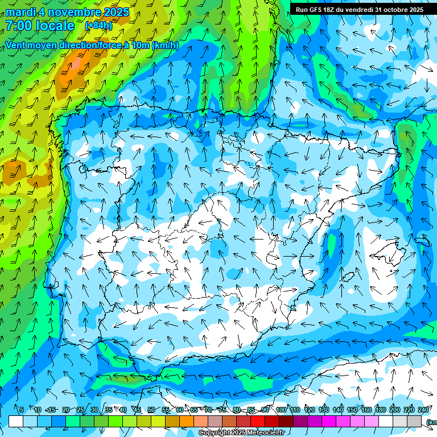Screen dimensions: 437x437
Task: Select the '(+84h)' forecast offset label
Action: point(98,26)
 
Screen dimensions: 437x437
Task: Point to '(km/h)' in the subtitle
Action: point(166,45)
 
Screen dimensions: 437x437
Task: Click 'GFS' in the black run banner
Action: point(319,10)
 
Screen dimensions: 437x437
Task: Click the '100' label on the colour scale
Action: point(281,410)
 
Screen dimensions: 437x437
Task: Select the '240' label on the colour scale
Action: point(423,410)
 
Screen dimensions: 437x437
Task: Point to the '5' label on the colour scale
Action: point(22,410)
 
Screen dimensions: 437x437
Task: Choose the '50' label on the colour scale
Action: point(151,410)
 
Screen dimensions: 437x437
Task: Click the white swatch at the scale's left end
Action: point(16,421)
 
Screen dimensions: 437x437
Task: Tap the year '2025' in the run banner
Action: point(415,10)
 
